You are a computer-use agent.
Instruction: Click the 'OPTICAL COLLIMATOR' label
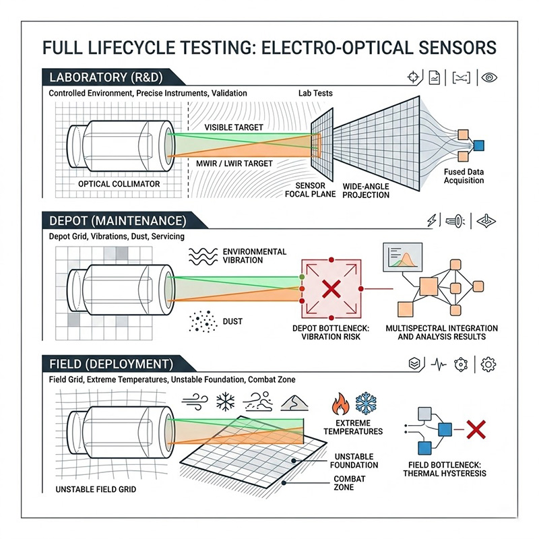coord(119,183)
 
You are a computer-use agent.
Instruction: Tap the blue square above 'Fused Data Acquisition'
coord(479,144)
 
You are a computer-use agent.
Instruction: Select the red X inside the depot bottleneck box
coord(331,290)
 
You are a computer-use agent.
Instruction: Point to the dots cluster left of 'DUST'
coord(201,322)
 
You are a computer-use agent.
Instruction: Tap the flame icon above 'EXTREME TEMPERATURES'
coord(338,405)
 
